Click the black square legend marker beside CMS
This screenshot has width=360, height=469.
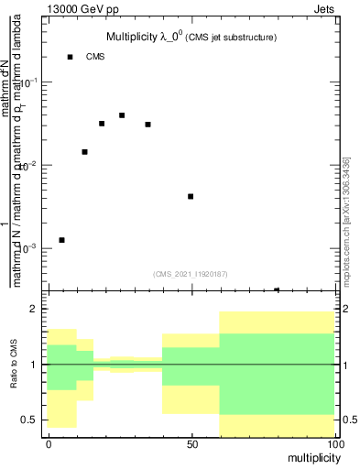[70, 57]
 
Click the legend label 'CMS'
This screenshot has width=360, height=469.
[96, 57]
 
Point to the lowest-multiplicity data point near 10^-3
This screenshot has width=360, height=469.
[61, 240]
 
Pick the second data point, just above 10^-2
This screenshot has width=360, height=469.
[84, 152]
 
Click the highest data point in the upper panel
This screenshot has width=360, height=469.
[122, 115]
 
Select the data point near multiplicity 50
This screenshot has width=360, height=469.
[191, 196]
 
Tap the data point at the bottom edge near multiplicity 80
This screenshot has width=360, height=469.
[277, 290]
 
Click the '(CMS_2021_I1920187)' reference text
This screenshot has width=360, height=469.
[191, 273]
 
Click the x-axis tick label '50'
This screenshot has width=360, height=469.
[191, 444]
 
